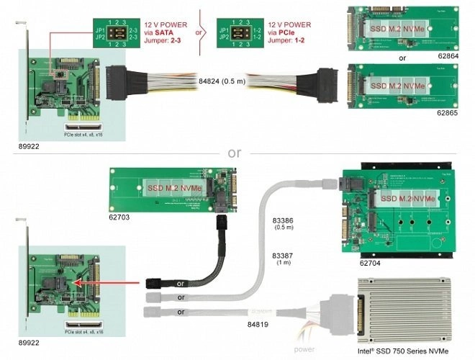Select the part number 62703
121,215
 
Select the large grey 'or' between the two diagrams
235,153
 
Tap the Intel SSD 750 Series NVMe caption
402,352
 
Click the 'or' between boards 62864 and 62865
402,58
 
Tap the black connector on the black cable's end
155,282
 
